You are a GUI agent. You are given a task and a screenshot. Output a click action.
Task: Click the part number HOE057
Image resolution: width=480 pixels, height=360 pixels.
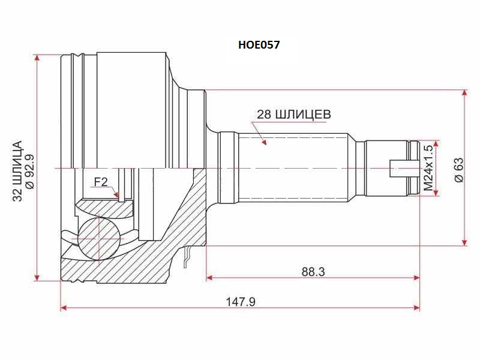click(260, 44)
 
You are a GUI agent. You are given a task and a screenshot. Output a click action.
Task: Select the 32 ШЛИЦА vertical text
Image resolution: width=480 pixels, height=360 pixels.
click(17, 169)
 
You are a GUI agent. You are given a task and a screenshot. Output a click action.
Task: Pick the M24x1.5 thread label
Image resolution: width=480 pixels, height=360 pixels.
click(428, 168)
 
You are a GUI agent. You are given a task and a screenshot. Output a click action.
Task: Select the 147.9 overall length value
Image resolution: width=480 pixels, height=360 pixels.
click(241, 302)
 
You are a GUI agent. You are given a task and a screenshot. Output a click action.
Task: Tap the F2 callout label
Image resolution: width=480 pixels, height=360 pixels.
click(100, 181)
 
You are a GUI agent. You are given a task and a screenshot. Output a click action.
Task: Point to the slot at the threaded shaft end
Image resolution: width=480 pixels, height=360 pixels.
click(403, 169)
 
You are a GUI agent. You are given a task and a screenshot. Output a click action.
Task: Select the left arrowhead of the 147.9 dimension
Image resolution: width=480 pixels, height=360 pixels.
click(64, 308)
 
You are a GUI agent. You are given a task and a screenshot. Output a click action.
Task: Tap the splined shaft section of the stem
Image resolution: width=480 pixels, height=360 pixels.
click(294, 168)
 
